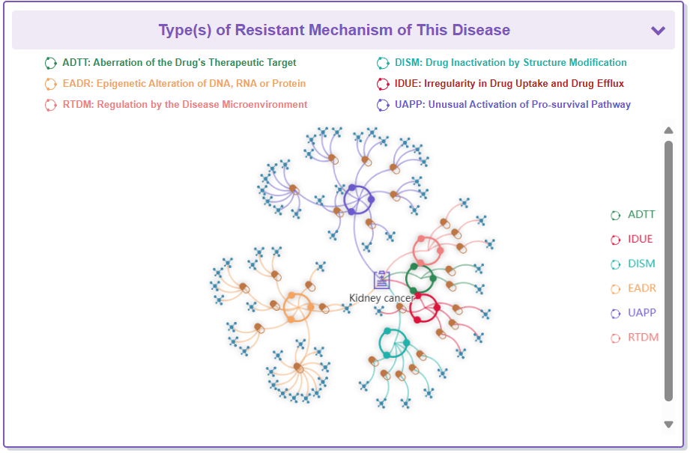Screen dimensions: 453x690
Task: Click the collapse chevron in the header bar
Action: click(658, 31)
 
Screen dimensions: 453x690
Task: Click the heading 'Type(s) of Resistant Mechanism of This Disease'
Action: click(334, 31)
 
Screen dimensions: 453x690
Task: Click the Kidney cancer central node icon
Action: click(382, 280)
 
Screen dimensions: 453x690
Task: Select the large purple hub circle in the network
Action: click(358, 199)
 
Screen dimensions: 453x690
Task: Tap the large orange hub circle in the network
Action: click(297, 307)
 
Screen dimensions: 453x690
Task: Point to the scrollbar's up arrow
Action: click(669, 130)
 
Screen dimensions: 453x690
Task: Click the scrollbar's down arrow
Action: click(669, 425)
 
